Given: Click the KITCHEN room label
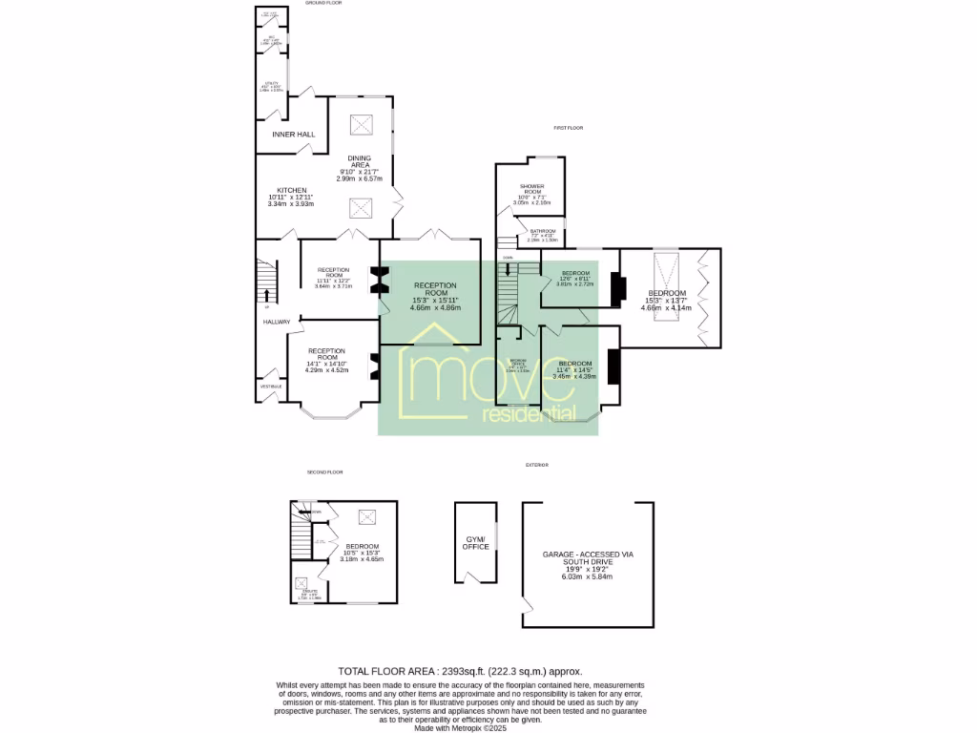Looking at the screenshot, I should pyautogui.click(x=292, y=190).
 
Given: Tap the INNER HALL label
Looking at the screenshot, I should pyautogui.click(x=293, y=135).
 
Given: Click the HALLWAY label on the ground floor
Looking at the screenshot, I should pyautogui.click(x=277, y=322).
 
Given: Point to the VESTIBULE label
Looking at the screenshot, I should pyautogui.click(x=270, y=386).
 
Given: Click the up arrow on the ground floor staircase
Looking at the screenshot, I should pyautogui.click(x=266, y=294).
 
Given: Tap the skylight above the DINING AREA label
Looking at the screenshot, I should pyautogui.click(x=362, y=124).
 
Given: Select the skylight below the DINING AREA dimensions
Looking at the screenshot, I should pyautogui.click(x=362, y=207).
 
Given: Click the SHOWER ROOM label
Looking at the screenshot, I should pyautogui.click(x=531, y=191).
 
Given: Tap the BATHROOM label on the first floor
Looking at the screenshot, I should pyautogui.click(x=543, y=231).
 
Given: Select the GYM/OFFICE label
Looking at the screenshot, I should pyautogui.click(x=474, y=543).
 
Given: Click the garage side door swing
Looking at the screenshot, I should pyautogui.click(x=528, y=606).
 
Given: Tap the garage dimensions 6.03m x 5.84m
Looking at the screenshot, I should pyautogui.click(x=587, y=576).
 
